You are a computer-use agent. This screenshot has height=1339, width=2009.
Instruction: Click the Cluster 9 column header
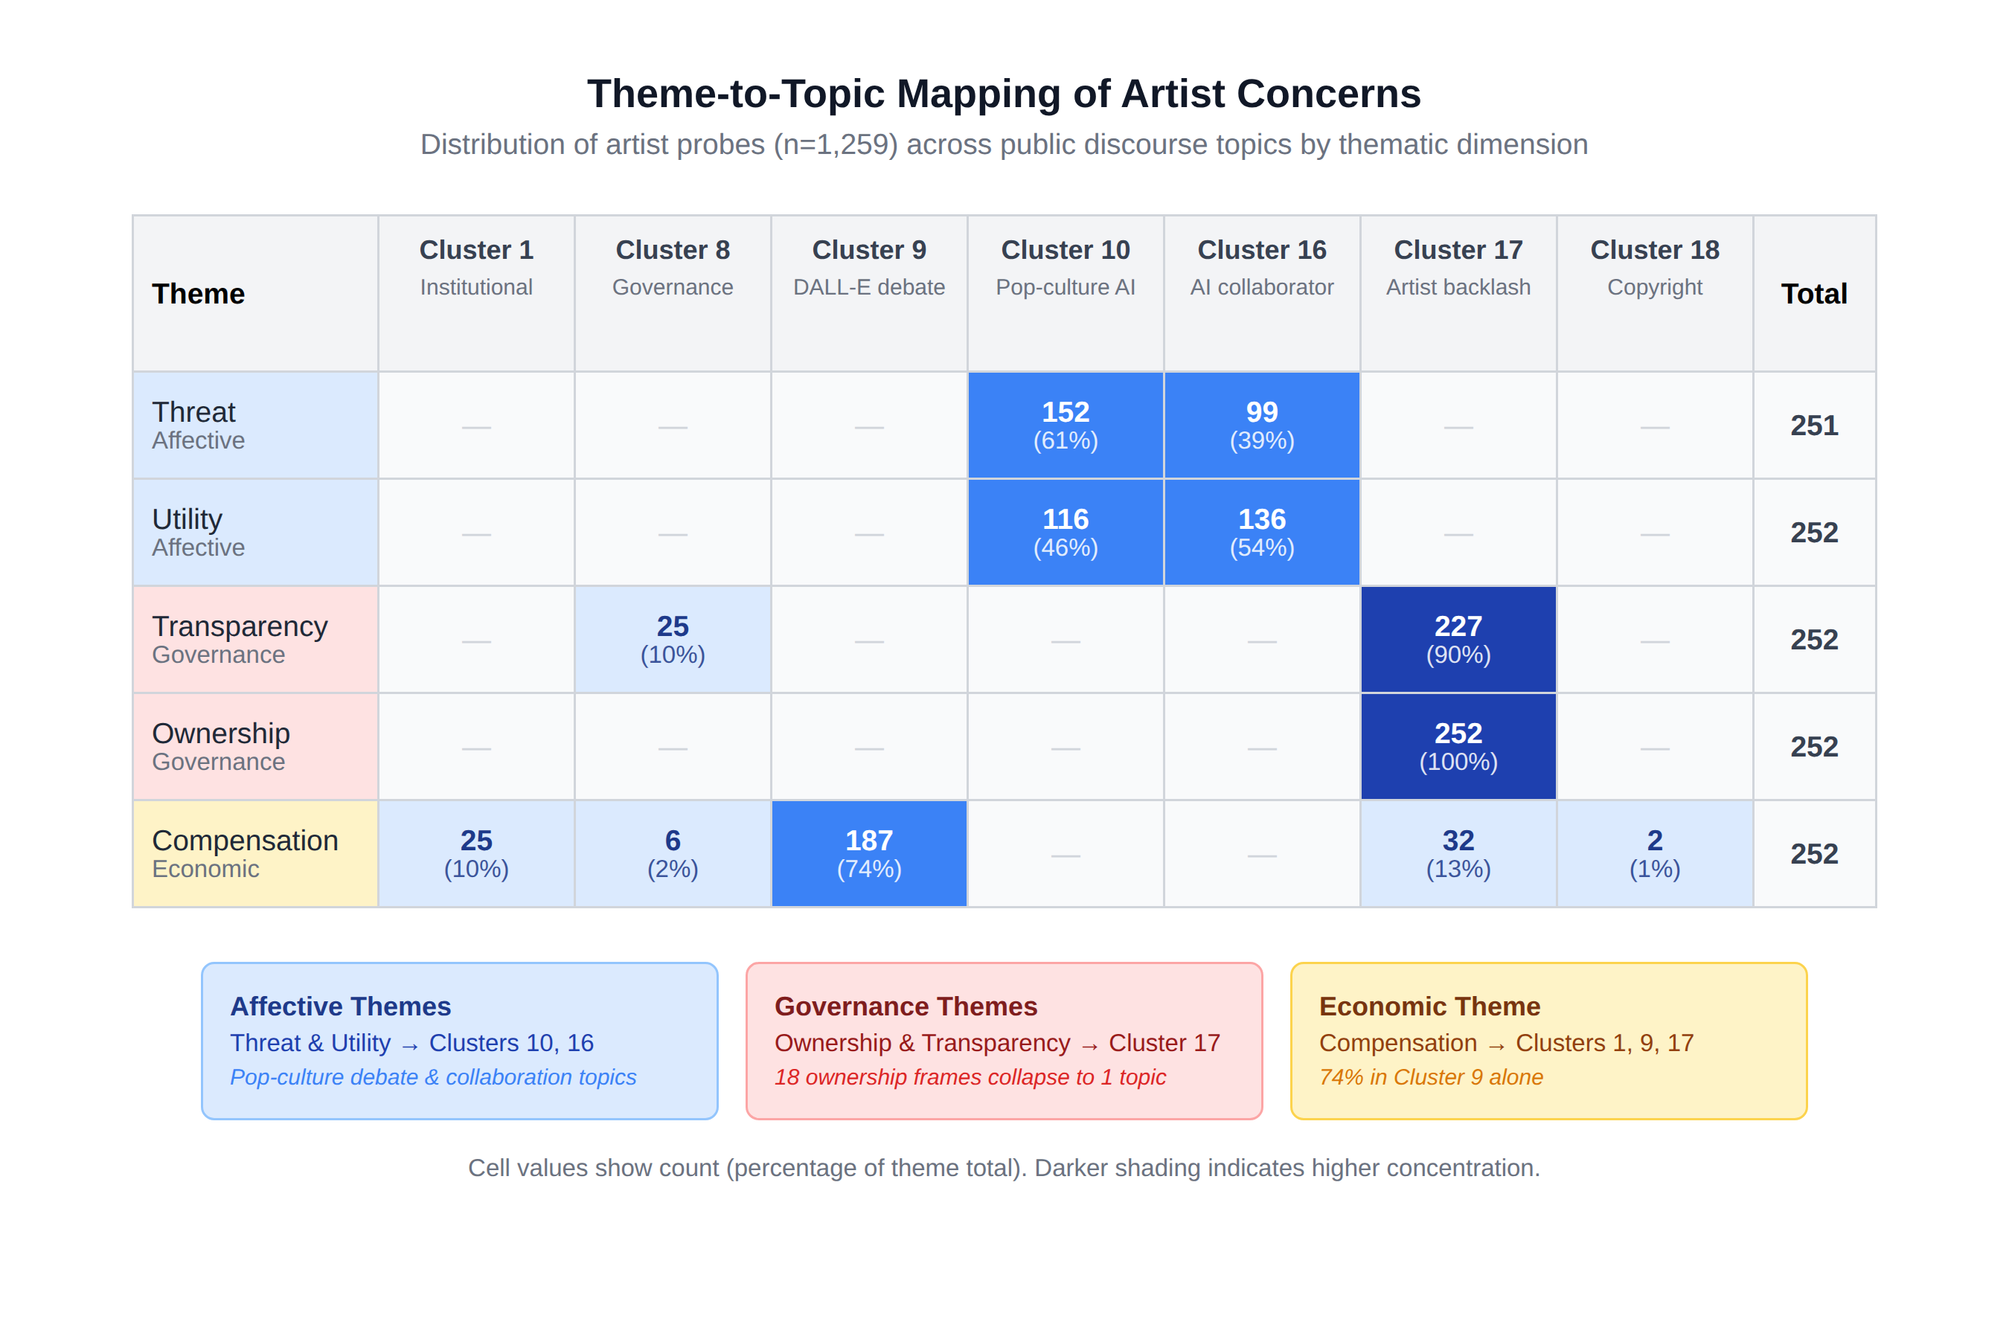point(868,293)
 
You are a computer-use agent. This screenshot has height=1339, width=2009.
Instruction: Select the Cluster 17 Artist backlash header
point(1458,293)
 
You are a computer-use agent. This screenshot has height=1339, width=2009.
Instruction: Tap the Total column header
point(1814,293)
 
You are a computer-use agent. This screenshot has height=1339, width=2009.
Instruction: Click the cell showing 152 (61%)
point(1066,426)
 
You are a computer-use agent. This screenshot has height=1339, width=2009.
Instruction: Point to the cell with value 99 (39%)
point(1262,426)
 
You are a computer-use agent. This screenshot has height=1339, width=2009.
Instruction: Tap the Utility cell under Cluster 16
point(1262,532)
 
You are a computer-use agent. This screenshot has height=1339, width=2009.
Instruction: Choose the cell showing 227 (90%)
point(1458,640)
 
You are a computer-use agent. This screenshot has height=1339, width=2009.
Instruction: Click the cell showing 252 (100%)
point(1458,746)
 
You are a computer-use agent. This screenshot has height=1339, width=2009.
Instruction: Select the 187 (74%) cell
point(868,854)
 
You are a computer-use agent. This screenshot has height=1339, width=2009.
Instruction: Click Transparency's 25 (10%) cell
point(672,640)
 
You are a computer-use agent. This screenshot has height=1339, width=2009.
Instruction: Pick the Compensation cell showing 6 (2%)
point(672,854)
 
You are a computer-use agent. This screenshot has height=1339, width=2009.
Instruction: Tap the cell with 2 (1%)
point(1655,854)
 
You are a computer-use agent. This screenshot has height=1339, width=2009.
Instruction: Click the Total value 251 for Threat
point(1814,426)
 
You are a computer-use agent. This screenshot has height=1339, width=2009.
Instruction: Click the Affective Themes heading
point(341,1006)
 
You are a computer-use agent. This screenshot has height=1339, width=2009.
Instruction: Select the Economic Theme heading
point(1430,1006)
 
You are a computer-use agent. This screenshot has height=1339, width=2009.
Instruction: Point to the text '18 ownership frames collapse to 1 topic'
point(970,1077)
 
